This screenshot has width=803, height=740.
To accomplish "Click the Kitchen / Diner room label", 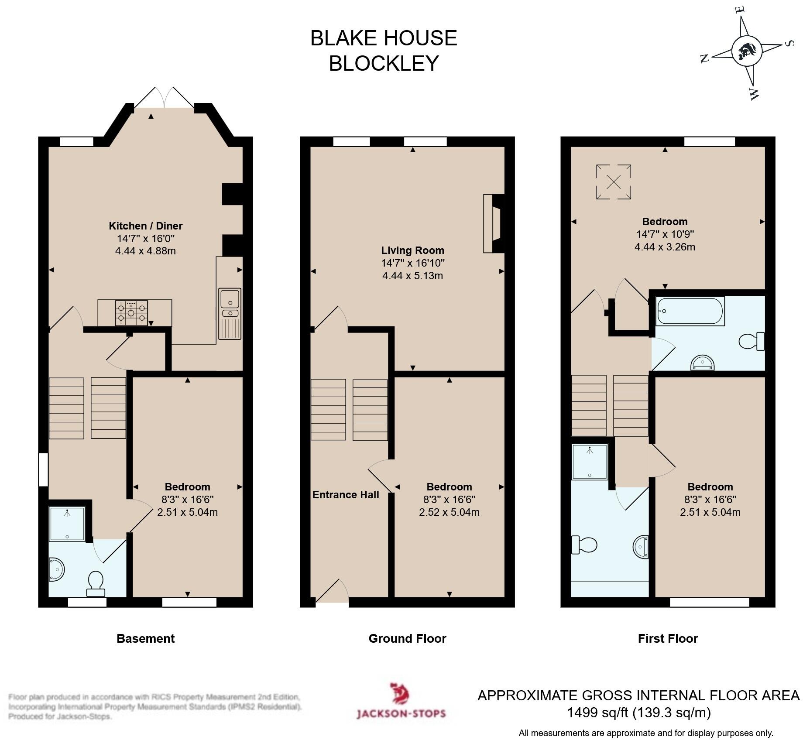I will pyautogui.click(x=145, y=226).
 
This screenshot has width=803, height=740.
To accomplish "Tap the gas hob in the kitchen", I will pyautogui.click(x=131, y=313).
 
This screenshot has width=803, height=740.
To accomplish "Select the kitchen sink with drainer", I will pyautogui.click(x=230, y=313).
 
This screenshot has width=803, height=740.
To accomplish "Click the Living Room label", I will pyautogui.click(x=412, y=250).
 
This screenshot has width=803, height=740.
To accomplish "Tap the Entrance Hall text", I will pyautogui.click(x=346, y=495).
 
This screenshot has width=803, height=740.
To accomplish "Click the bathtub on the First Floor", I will pyautogui.click(x=690, y=311).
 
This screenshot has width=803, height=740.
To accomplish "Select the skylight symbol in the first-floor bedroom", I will pyautogui.click(x=613, y=182).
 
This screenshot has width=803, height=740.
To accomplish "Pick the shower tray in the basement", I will pyautogui.click(x=67, y=524).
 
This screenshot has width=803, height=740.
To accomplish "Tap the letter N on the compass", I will pyautogui.click(x=704, y=58).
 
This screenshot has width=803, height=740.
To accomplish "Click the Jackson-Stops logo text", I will pyautogui.click(x=401, y=713).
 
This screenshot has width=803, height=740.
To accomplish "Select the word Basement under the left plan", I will pyautogui.click(x=145, y=639).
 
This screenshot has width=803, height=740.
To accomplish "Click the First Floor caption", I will pyautogui.click(x=668, y=639).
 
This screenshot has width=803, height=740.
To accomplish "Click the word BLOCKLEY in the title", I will pyautogui.click(x=383, y=63).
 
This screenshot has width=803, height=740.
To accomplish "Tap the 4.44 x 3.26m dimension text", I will pyautogui.click(x=664, y=247).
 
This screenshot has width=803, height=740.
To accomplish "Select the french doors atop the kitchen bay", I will pyautogui.click(x=164, y=98).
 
